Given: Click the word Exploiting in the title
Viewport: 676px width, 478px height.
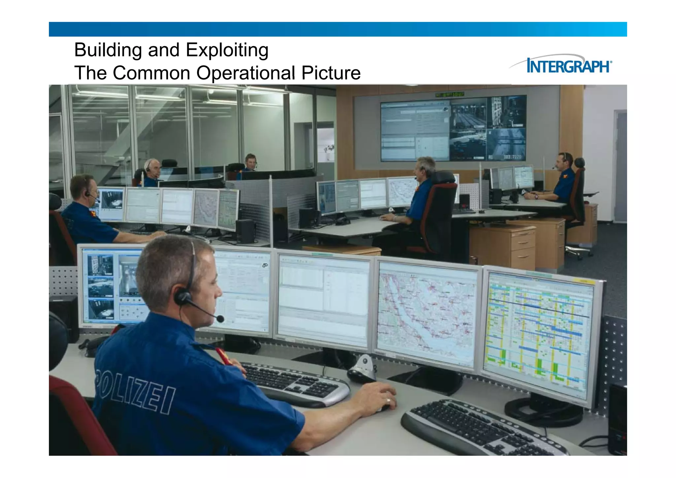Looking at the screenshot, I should (x=227, y=50).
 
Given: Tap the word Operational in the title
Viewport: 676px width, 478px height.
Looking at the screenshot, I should (x=246, y=73).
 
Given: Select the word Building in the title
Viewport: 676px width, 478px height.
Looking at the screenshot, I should (x=108, y=50).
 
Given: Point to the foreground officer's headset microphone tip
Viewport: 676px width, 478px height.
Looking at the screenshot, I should (x=220, y=319).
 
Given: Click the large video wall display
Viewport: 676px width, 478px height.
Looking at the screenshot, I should (x=453, y=129).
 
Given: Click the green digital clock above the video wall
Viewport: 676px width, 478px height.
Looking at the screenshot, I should (x=449, y=95).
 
